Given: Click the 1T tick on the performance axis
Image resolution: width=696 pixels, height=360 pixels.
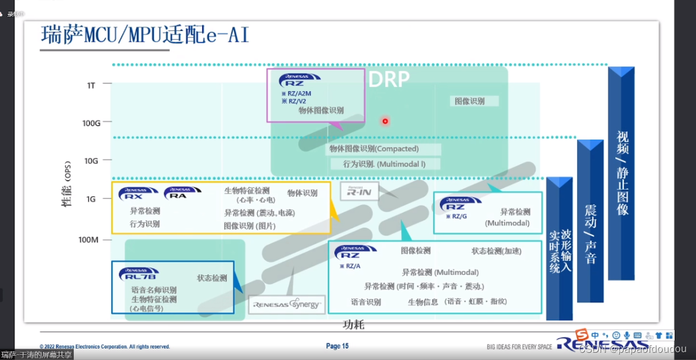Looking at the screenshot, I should click(x=91, y=85).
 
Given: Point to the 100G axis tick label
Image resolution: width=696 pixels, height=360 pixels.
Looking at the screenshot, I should click(x=91, y=123).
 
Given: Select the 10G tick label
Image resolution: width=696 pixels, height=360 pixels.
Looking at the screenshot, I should click(x=91, y=161).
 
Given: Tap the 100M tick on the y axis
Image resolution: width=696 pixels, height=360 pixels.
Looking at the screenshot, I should click(x=88, y=240).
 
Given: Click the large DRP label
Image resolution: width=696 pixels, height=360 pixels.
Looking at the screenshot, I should click(x=389, y=79).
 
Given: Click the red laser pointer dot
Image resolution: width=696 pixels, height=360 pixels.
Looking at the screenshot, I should click(x=385, y=121).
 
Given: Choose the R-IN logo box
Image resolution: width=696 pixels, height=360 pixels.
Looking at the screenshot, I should click(x=360, y=191).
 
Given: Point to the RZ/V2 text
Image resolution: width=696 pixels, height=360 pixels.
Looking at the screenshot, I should click(x=294, y=101).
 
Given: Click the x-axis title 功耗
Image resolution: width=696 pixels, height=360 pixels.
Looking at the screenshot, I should click(x=354, y=325).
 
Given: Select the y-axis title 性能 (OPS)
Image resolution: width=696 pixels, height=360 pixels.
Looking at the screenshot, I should click(x=67, y=184).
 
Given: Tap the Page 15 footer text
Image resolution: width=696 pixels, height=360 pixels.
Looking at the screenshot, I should click(x=337, y=346).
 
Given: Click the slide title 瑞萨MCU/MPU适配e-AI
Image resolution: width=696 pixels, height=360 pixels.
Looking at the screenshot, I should click(x=145, y=35).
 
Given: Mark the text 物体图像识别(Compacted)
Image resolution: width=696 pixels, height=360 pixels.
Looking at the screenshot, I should click(x=374, y=149).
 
